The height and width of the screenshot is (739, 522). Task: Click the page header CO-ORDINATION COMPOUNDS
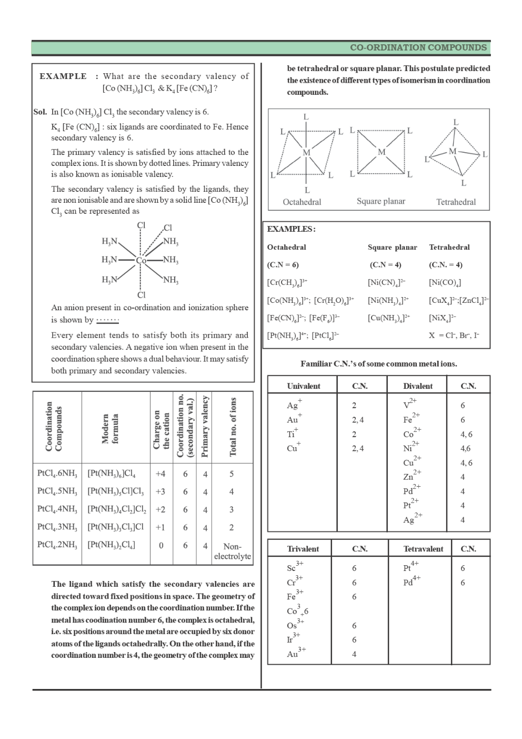pyautogui.click(x=418, y=47)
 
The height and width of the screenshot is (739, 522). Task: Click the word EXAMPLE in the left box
pyautogui.click(x=63, y=76)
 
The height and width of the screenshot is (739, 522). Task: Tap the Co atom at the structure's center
pyautogui.click(x=141, y=261)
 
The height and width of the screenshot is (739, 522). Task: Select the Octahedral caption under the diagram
pyautogui.click(x=302, y=202)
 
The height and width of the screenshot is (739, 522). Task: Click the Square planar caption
pyautogui.click(x=380, y=201)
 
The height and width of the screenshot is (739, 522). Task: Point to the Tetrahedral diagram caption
pyautogui.click(x=456, y=202)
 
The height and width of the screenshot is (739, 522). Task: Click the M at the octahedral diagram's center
pyautogui.click(x=306, y=153)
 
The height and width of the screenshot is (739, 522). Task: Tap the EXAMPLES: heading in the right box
pyautogui.click(x=291, y=229)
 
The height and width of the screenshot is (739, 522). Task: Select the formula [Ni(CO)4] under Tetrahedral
pyautogui.click(x=445, y=283)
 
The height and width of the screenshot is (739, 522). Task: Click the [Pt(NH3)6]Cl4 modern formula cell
pyautogui.click(x=112, y=474)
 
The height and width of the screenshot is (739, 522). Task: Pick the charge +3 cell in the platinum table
pyautogui.click(x=160, y=492)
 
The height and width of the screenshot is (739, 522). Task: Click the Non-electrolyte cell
pyautogui.click(x=232, y=551)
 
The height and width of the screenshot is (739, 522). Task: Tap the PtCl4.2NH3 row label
pyautogui.click(x=57, y=545)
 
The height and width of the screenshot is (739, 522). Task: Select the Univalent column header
pyautogui.click(x=303, y=386)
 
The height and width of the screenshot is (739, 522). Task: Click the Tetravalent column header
pyautogui.click(x=423, y=549)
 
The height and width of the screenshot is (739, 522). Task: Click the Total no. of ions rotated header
pyautogui.click(x=233, y=427)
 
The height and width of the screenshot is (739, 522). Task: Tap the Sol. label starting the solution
pyautogui.click(x=40, y=112)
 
